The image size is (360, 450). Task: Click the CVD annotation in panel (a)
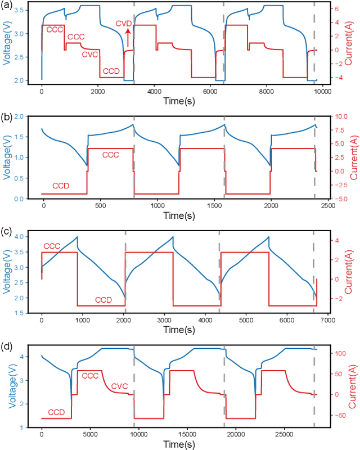(x=124, y=23)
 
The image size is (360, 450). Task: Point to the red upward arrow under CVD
(x=128, y=38)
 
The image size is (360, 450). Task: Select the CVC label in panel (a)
(x=90, y=55)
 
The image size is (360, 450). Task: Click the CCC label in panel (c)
(x=51, y=246)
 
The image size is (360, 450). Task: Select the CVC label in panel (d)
(x=120, y=386)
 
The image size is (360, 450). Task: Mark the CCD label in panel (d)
(x=56, y=412)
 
